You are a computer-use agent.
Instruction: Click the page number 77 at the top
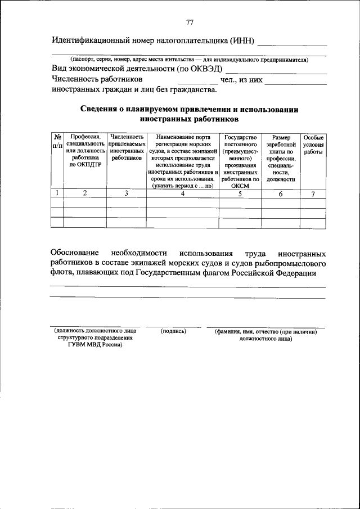[x=190, y=22]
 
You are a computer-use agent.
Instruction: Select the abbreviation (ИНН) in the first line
[x=242, y=41]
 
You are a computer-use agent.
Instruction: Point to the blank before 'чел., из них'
[x=193, y=83]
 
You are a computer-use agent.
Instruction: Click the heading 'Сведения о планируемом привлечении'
[x=188, y=110]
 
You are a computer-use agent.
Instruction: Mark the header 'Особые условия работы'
[x=313, y=144]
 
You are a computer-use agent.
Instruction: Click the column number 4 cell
[x=183, y=193]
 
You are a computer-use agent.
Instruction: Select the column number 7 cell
[x=313, y=193]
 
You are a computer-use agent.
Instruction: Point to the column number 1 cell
[x=57, y=193]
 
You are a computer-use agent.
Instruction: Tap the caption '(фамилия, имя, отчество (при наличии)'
[x=265, y=332]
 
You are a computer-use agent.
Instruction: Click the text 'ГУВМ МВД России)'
[x=95, y=345]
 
